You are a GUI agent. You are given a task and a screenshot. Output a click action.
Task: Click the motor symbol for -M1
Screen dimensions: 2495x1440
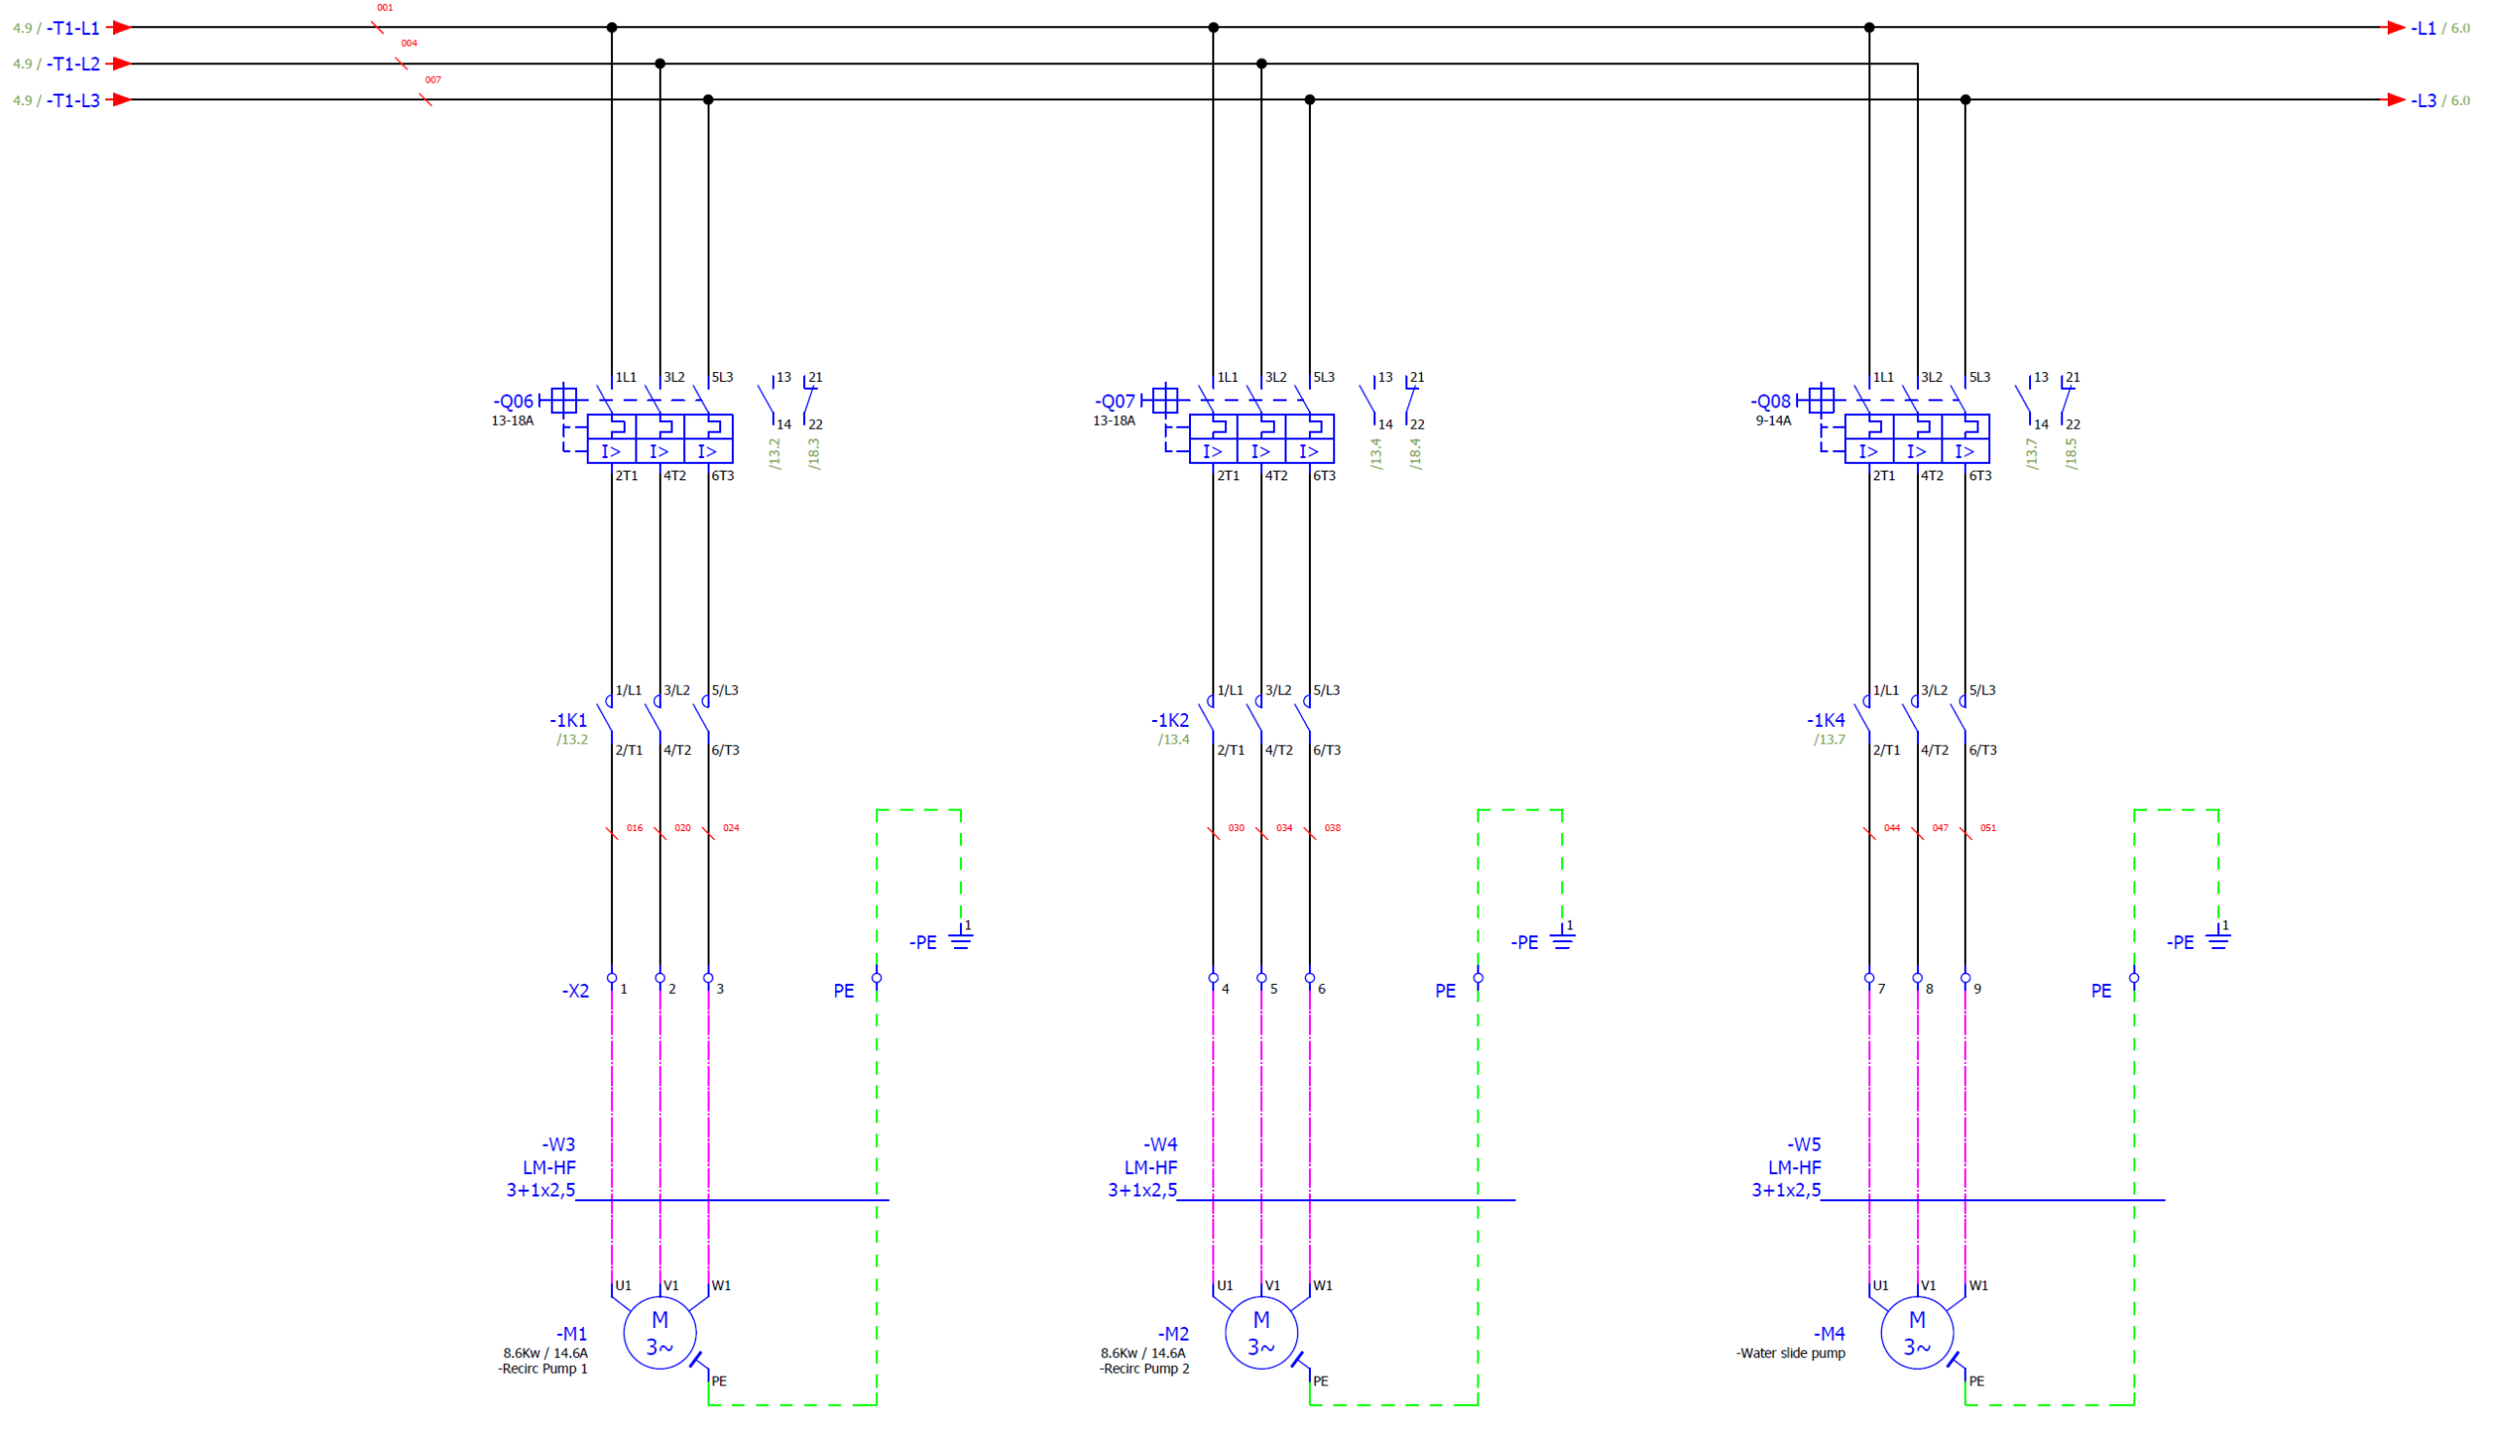pyautogui.click(x=660, y=1332)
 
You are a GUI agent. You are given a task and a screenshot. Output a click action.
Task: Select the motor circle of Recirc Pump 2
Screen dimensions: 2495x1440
pyautogui.click(x=1261, y=1332)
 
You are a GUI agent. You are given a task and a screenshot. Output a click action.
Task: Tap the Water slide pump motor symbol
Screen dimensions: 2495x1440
pyautogui.click(x=1917, y=1332)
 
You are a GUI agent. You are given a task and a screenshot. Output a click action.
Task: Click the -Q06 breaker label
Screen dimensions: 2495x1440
pyautogui.click(x=514, y=401)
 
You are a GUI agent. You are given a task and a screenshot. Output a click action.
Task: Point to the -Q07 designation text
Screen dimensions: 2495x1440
pyautogui.click(x=1115, y=401)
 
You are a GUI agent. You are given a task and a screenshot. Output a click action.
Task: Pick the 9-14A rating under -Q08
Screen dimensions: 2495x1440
pyautogui.click(x=1774, y=421)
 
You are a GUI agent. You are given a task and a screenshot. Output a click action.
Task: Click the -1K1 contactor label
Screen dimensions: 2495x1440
pyautogui.click(x=569, y=721)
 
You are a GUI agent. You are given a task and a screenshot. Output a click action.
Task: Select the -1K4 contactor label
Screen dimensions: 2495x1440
pyautogui.click(x=1826, y=721)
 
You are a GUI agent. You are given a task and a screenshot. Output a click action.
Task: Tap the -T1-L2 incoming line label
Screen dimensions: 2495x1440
pyautogui.click(x=74, y=64)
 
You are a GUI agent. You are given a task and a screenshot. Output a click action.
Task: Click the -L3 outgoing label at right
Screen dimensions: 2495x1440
pyautogui.click(x=2424, y=101)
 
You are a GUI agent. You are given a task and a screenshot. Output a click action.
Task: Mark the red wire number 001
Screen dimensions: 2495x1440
pyautogui.click(x=385, y=8)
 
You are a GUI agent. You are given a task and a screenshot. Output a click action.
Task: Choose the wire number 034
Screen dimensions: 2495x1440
pyautogui.click(x=1285, y=828)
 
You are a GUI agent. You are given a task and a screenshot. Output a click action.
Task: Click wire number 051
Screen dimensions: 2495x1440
pyautogui.click(x=1988, y=828)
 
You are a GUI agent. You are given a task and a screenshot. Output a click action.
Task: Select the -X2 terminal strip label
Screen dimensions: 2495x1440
pyautogui.click(x=576, y=991)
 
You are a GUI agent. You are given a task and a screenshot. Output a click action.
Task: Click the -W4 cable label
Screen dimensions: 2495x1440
pyautogui.click(x=1161, y=1145)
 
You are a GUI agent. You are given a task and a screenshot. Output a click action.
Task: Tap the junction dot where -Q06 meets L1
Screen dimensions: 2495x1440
pyautogui.click(x=612, y=27)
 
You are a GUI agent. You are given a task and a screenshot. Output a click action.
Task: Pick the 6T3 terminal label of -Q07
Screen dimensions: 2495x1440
pyautogui.click(x=1324, y=476)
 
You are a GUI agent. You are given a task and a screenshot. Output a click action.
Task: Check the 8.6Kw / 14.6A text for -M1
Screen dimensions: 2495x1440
pyautogui.click(x=545, y=1354)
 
